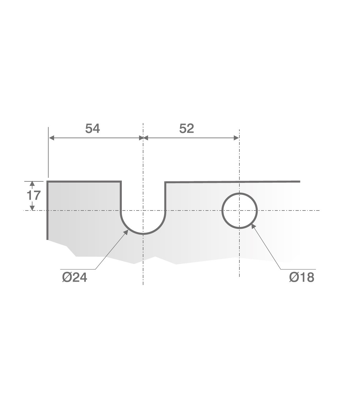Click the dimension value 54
pyautogui.click(x=92, y=129)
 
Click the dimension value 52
pyautogui.click(x=186, y=129)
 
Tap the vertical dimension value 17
pyautogui.click(x=34, y=195)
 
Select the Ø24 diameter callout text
pyautogui.click(x=74, y=277)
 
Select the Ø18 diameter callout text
pyautogui.click(x=301, y=277)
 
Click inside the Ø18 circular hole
pyautogui.click(x=239, y=211)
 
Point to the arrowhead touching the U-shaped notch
pyautogui.click(x=126, y=232)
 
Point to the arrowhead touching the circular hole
pyautogui.click(x=253, y=226)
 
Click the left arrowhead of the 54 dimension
pyautogui.click(x=52, y=138)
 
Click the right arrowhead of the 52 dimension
pyautogui.click(x=236, y=138)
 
